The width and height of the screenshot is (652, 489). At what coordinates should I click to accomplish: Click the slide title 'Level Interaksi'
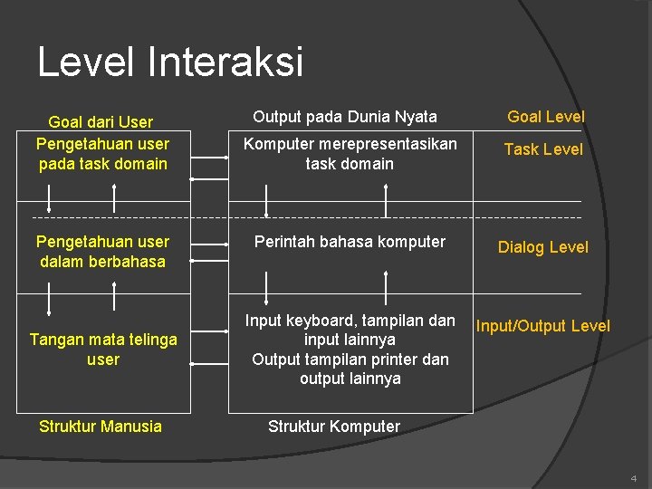point(170,62)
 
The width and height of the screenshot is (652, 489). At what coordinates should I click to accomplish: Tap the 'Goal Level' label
point(546,116)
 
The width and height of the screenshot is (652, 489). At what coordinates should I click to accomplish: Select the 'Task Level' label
point(543,149)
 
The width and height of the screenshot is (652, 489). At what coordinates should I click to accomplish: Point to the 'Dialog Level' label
point(543,247)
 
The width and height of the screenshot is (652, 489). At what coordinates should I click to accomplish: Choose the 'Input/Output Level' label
point(543,326)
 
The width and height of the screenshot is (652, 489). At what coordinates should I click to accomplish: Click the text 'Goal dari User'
point(101,122)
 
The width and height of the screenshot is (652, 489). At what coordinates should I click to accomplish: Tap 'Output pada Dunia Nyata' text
point(345,116)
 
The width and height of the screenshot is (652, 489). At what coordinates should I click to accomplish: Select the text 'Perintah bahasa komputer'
point(350,242)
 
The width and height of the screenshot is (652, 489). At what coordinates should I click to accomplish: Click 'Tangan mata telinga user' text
point(103,350)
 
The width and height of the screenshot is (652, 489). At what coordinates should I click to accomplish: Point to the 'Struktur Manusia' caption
point(101,427)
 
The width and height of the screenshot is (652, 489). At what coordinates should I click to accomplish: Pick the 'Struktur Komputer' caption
point(334,427)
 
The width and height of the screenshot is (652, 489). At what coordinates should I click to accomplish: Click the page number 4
point(633,477)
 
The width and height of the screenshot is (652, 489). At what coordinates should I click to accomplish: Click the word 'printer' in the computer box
point(396,360)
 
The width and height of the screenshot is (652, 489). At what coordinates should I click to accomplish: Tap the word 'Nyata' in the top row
point(416,116)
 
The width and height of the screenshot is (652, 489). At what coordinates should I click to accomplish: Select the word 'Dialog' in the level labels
point(522,247)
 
